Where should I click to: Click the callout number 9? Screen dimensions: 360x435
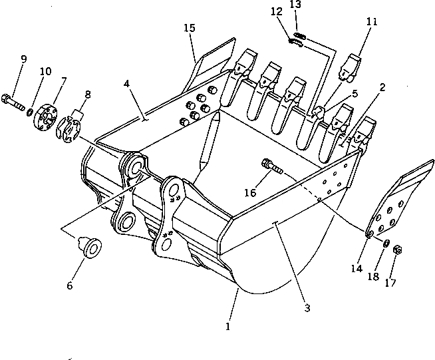[23, 59]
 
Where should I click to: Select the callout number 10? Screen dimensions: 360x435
[45, 71]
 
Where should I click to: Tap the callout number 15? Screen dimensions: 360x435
[190, 28]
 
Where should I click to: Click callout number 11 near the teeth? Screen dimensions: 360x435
[372, 21]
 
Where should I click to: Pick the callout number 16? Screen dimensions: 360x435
[250, 192]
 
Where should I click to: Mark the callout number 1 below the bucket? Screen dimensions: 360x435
[228, 327]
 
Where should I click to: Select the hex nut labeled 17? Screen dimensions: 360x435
[396, 250]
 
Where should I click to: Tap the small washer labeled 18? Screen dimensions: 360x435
[384, 242]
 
